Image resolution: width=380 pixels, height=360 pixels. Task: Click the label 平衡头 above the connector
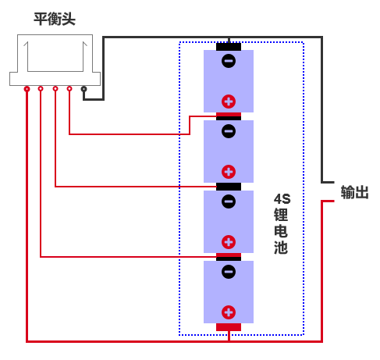pos(55,19)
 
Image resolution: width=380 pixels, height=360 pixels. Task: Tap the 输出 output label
pos(355,192)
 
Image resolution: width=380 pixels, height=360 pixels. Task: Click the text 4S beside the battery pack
pos(282,199)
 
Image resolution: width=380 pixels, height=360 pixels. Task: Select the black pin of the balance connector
pos(83,89)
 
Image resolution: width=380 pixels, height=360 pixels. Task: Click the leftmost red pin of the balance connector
pos(27,89)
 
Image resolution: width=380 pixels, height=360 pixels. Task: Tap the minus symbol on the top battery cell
pos(229,61)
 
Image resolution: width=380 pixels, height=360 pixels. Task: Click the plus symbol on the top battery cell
pos(229,102)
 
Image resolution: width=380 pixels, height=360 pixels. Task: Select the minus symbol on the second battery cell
pos(229,131)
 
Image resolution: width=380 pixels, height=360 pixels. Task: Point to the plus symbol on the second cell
pos(229,172)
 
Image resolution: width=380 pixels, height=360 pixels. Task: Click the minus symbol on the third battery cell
pos(229,201)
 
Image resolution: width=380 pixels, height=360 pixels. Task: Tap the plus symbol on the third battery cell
pos(229,242)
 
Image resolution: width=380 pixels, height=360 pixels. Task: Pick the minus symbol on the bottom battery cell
pos(229,272)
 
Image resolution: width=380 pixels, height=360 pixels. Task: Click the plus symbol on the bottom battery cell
pos(229,312)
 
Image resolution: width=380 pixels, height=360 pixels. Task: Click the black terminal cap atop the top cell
pos(229,47)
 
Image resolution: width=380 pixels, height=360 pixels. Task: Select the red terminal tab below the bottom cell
pos(229,327)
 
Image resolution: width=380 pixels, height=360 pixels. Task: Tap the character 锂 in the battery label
pos(281,215)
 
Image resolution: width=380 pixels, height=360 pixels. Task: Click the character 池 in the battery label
pos(281,247)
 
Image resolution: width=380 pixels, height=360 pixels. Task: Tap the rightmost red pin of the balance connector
pos(69,89)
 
